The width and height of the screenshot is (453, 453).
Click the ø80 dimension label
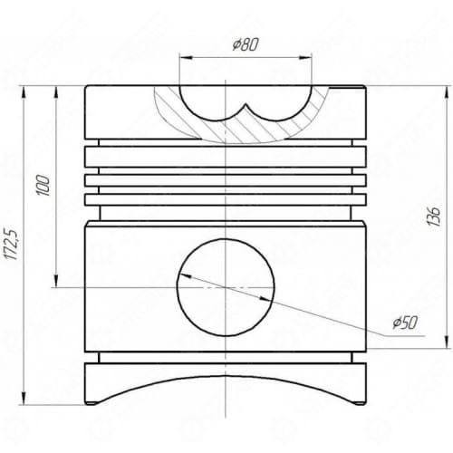(x=246, y=44)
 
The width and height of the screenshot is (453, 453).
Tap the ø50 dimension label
(x=405, y=323)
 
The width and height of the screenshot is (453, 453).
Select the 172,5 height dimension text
(x=13, y=244)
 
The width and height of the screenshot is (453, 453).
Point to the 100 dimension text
(x=43, y=185)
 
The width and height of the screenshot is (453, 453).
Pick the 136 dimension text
(x=434, y=217)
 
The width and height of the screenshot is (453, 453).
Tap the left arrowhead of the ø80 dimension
(x=186, y=58)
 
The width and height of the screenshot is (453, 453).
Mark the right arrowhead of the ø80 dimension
(x=305, y=58)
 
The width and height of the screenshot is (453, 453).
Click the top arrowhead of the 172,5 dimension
(x=23, y=92)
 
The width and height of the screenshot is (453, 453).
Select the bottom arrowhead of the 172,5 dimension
(x=24, y=398)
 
